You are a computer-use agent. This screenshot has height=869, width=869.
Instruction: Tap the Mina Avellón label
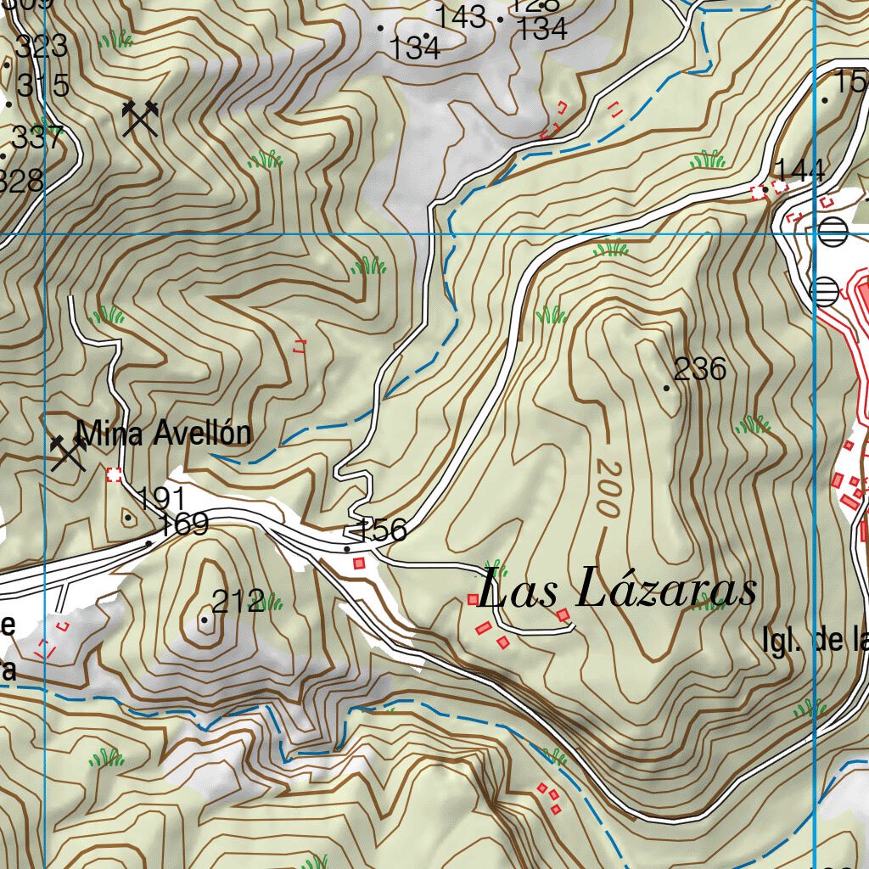(x=164, y=433)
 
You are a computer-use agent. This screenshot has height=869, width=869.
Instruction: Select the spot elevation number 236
(x=700, y=369)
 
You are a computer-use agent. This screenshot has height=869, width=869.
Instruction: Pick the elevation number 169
(x=183, y=524)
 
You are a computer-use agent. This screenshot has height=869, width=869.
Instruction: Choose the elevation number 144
(x=799, y=170)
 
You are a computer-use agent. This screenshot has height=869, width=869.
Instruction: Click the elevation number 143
(x=461, y=15)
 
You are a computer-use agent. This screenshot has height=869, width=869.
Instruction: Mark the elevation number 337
(x=38, y=137)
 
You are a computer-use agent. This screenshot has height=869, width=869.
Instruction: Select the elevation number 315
(x=42, y=86)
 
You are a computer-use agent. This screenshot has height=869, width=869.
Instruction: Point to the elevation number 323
(x=42, y=47)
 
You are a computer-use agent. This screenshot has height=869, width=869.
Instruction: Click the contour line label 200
(x=607, y=489)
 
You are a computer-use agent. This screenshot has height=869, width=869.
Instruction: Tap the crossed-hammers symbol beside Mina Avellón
(x=69, y=453)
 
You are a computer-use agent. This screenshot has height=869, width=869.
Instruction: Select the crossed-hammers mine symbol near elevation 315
(x=140, y=118)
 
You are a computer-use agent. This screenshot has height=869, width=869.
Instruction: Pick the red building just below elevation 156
(x=359, y=563)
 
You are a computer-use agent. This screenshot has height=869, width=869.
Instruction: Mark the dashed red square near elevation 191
(x=114, y=474)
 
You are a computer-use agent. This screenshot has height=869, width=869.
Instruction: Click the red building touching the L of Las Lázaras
(x=474, y=600)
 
